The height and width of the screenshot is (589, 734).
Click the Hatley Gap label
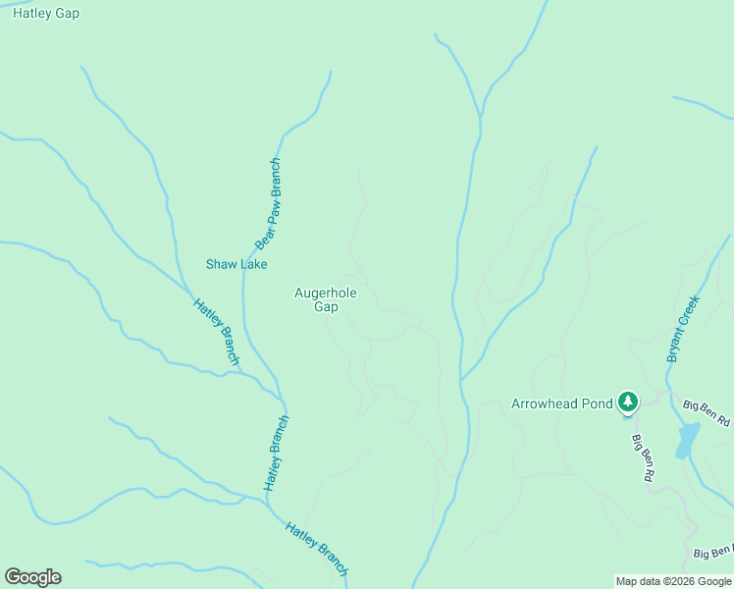(x=46, y=14)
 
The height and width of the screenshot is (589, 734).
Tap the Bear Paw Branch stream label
(x=268, y=204)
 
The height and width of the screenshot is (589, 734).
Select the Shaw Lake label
(x=236, y=264)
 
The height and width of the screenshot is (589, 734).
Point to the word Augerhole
(x=326, y=293)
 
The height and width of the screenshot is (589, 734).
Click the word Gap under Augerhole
(x=326, y=307)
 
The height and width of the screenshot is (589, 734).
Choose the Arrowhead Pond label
(x=562, y=403)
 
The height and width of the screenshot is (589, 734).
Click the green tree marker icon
(x=628, y=402)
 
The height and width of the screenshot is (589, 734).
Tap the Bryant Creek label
(x=684, y=329)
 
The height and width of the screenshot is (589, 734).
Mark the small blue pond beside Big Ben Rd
(x=687, y=439)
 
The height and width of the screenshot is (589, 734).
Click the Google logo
(x=32, y=577)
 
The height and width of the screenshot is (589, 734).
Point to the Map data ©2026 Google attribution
(x=673, y=581)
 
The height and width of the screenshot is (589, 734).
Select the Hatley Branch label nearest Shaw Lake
(x=216, y=332)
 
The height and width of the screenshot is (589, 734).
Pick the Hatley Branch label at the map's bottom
(x=316, y=549)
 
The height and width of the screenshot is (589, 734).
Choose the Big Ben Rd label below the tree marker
(x=643, y=457)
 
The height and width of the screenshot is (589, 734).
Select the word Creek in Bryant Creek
(x=691, y=313)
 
